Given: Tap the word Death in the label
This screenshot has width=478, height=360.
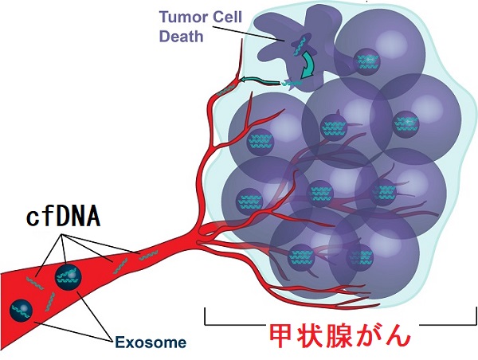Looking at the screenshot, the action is [182, 37].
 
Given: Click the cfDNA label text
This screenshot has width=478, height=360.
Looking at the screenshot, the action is [64, 217].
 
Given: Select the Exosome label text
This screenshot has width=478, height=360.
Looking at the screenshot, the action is [151, 342].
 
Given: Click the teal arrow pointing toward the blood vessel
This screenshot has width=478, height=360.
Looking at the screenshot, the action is [261, 81].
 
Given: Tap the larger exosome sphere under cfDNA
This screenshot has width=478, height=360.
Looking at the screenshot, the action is [69, 277].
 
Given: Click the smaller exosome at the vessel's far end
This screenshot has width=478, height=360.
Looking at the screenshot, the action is [21, 311].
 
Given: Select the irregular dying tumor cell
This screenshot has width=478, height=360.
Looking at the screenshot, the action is [292, 49].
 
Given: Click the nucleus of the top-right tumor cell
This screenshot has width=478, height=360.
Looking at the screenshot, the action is [366, 61].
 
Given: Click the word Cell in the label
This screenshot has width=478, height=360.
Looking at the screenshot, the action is [227, 17].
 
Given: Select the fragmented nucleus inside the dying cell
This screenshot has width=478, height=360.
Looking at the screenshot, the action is [301, 45].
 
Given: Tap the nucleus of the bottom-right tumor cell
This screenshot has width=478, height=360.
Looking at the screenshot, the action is [360, 256].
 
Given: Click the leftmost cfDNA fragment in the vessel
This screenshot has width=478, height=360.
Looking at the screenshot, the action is [35, 284].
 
